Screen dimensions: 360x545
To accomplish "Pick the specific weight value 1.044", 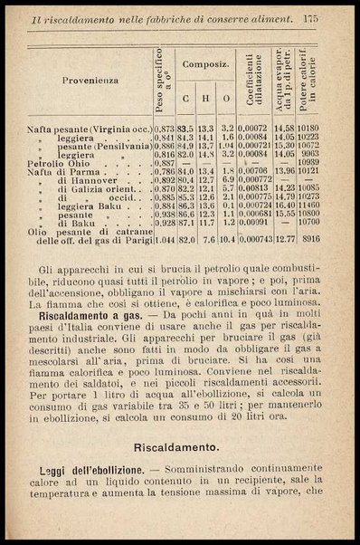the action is [x=164, y=240].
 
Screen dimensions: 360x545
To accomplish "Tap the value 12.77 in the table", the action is [x=287, y=240].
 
